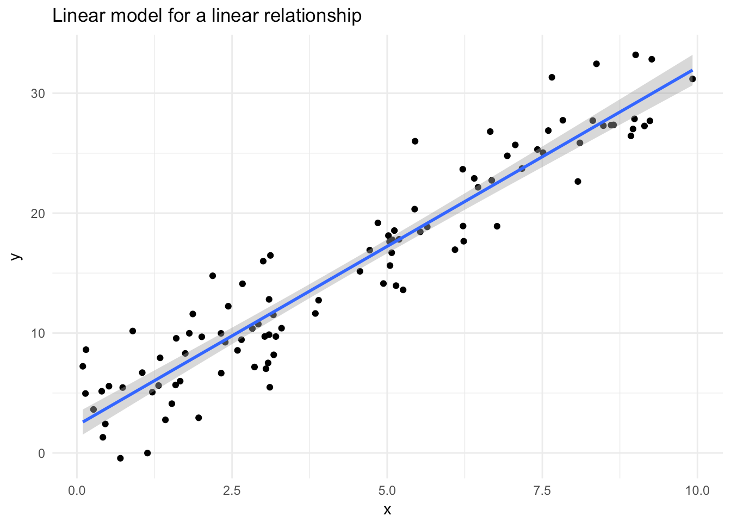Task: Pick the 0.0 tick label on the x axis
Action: tap(77, 491)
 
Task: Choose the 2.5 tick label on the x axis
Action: tap(232, 491)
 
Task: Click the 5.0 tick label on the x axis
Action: tap(387, 491)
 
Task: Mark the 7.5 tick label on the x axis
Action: tap(542, 491)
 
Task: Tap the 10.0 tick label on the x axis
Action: tap(697, 491)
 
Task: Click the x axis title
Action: tap(387, 510)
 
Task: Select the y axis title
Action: tap(16, 256)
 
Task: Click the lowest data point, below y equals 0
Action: tap(120, 458)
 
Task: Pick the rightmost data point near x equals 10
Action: tap(692, 79)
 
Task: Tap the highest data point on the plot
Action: tap(635, 55)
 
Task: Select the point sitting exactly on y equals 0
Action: tap(147, 453)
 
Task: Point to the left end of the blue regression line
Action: tap(83, 421)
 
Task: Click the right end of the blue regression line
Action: tap(692, 70)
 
